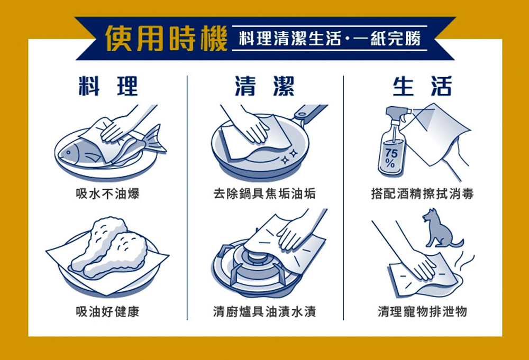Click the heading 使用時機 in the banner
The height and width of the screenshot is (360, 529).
click(166, 39)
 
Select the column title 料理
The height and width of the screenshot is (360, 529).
click(108, 86)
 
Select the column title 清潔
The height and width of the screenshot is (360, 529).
click(265, 86)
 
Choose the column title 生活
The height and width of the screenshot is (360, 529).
click(422, 86)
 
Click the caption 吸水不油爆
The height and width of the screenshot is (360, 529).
click(108, 194)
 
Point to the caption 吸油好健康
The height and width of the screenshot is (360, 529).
click(108, 312)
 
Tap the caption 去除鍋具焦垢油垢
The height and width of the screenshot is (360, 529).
click(264, 194)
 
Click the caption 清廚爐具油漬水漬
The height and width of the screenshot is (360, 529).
click(264, 312)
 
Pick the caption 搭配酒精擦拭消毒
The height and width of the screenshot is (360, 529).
click(422, 194)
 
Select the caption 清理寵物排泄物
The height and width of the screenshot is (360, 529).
click(422, 312)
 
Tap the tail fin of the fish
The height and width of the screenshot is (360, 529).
click(154, 139)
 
